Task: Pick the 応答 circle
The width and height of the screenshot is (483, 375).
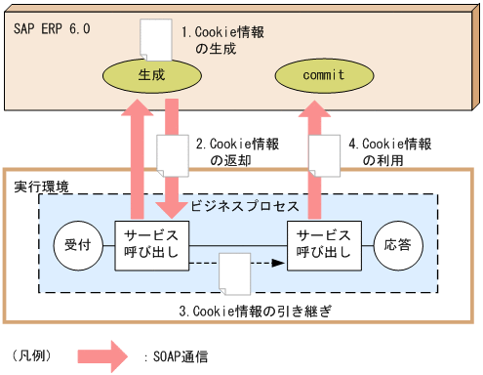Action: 397,245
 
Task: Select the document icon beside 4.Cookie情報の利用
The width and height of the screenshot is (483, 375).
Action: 324,155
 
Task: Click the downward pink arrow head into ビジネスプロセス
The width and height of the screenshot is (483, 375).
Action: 172,206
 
